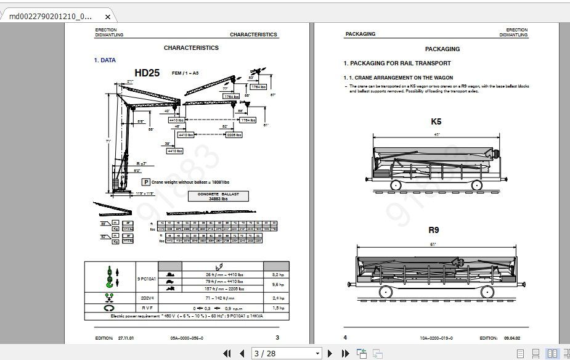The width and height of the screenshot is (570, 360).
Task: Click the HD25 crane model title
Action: coord(147,73)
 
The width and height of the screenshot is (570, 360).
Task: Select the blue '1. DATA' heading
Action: coord(104,60)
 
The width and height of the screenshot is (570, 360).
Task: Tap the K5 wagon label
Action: coord(436,121)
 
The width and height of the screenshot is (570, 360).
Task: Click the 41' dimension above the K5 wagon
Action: coord(437,134)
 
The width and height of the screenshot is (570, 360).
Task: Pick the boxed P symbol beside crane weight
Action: coord(146,182)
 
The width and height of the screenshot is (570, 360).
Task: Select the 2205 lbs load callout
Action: coord(234,134)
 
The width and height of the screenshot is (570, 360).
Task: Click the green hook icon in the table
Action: coord(109,277)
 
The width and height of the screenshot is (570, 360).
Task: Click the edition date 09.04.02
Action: coord(513,338)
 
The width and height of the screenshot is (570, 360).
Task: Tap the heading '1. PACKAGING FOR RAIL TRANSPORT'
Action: coord(397,63)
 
